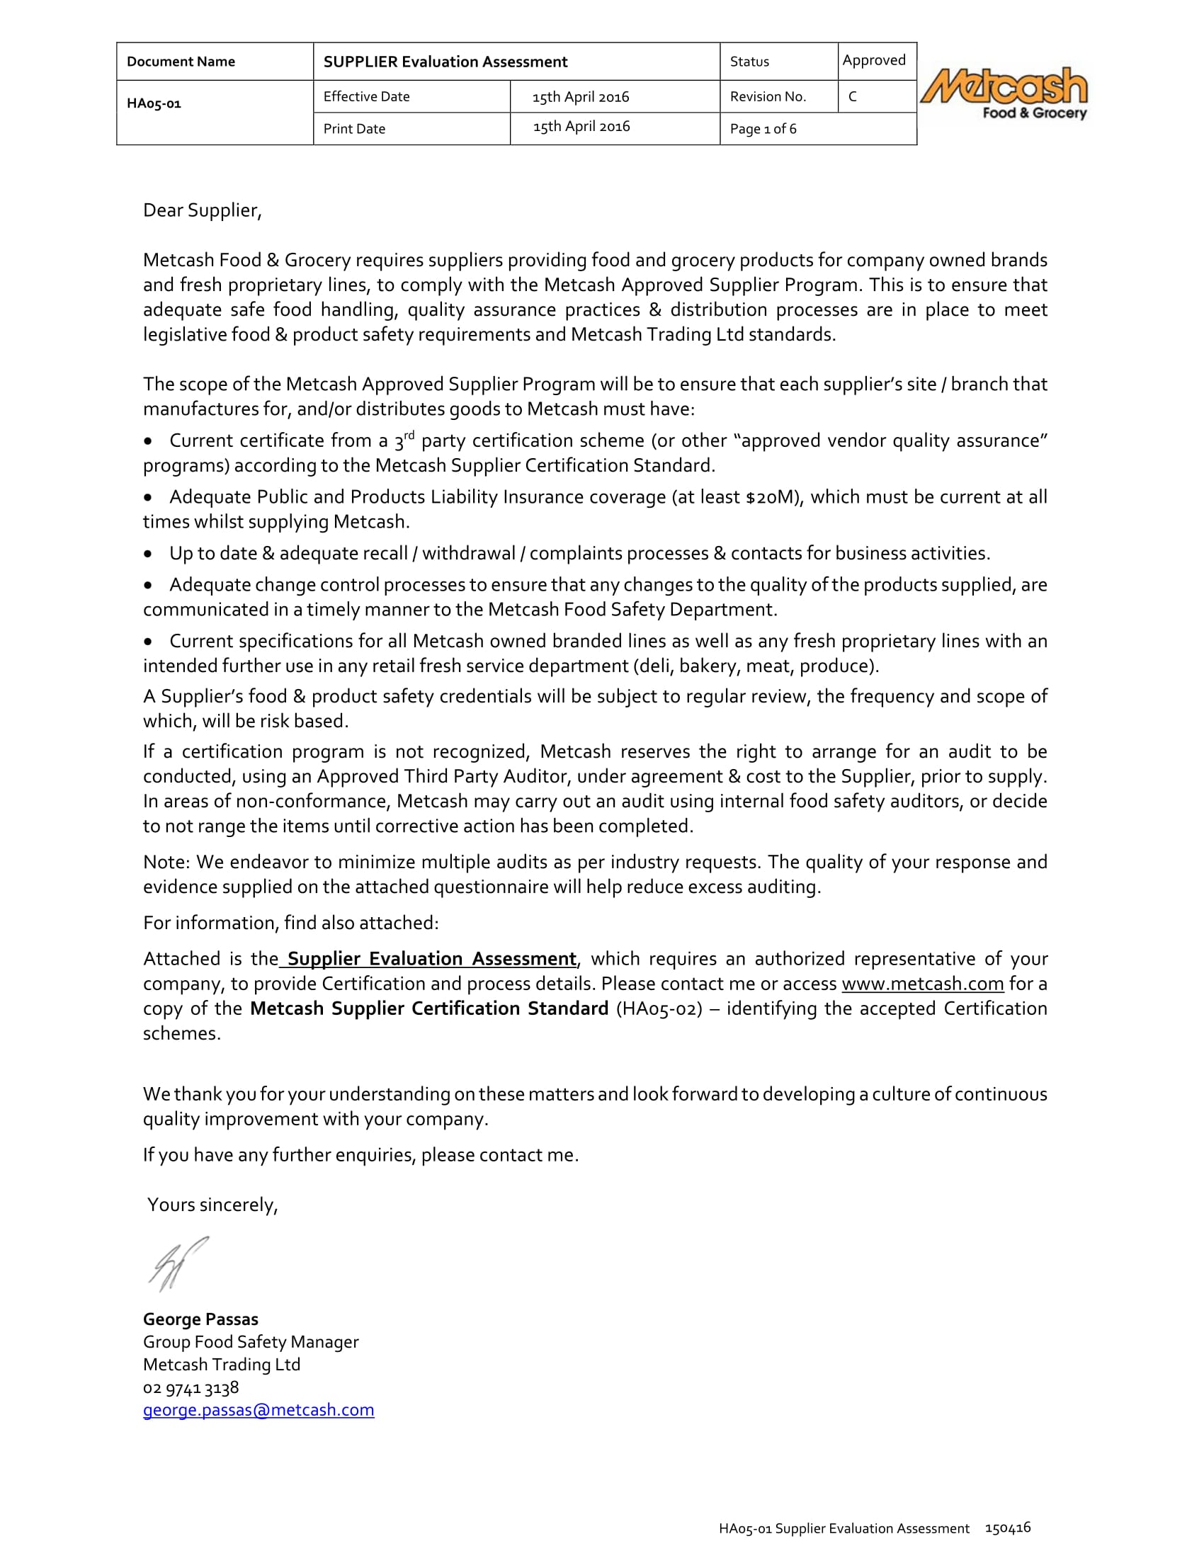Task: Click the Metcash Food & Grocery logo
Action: click(x=1004, y=93)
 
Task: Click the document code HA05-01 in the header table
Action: click(x=154, y=103)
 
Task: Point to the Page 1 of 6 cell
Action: click(x=763, y=129)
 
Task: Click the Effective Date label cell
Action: click(x=366, y=97)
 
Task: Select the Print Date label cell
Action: click(x=355, y=129)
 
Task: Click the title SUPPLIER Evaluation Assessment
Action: click(x=445, y=62)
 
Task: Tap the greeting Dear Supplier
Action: click(x=203, y=210)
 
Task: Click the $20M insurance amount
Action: click(x=771, y=497)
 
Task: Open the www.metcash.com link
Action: click(x=922, y=984)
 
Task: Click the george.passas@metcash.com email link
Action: click(x=259, y=1410)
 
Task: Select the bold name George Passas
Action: click(x=200, y=1319)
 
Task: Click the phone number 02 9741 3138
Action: click(x=191, y=1387)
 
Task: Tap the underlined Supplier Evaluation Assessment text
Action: click(x=431, y=959)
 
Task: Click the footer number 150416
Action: click(x=1007, y=1528)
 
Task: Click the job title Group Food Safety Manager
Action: click(x=250, y=1342)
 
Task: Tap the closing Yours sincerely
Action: click(x=212, y=1205)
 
